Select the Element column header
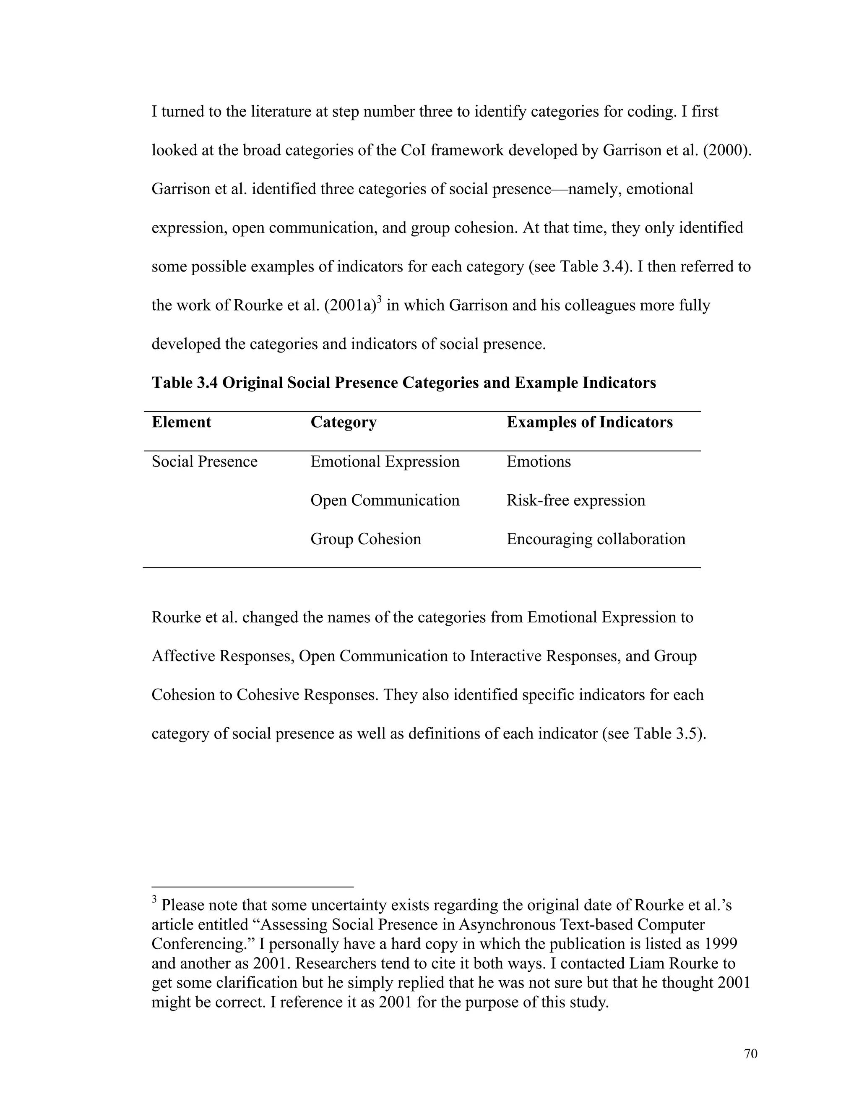(181, 422)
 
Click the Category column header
(344, 422)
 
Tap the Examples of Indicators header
(589, 422)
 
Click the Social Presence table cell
(205, 461)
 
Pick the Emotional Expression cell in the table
(385, 461)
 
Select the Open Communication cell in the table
(385, 500)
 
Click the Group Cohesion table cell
(366, 539)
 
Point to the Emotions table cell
(539, 461)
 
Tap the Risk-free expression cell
(575, 500)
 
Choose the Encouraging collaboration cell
(596, 539)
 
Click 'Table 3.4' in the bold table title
(185, 382)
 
